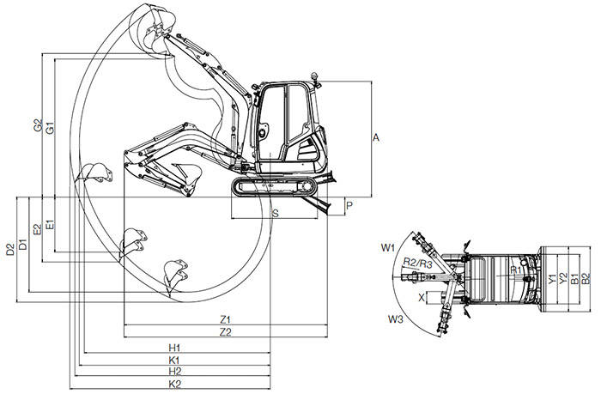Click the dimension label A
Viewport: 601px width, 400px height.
coord(376,137)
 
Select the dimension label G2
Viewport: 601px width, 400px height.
coord(38,125)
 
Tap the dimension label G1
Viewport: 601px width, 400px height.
coord(50,128)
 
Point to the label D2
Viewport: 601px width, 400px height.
coord(10,249)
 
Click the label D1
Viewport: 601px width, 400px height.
coord(23,244)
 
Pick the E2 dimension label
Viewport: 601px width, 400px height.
coord(37,229)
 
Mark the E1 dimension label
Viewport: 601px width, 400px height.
coord(50,225)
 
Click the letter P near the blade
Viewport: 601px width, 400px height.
coord(349,206)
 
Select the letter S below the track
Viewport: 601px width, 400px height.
coord(276,214)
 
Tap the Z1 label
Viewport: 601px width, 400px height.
coord(225,319)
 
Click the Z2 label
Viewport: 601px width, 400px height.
coord(225,332)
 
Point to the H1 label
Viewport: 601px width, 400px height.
coord(174,348)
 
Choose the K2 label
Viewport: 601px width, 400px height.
coord(175,385)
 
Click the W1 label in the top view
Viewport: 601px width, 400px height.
coord(387,248)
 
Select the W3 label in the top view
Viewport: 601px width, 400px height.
coord(396,318)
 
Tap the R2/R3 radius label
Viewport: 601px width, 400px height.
coord(417,264)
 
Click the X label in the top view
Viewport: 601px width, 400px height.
coord(422,297)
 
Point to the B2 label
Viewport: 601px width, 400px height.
coord(586,279)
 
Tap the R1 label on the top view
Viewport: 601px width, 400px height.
coord(516,270)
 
